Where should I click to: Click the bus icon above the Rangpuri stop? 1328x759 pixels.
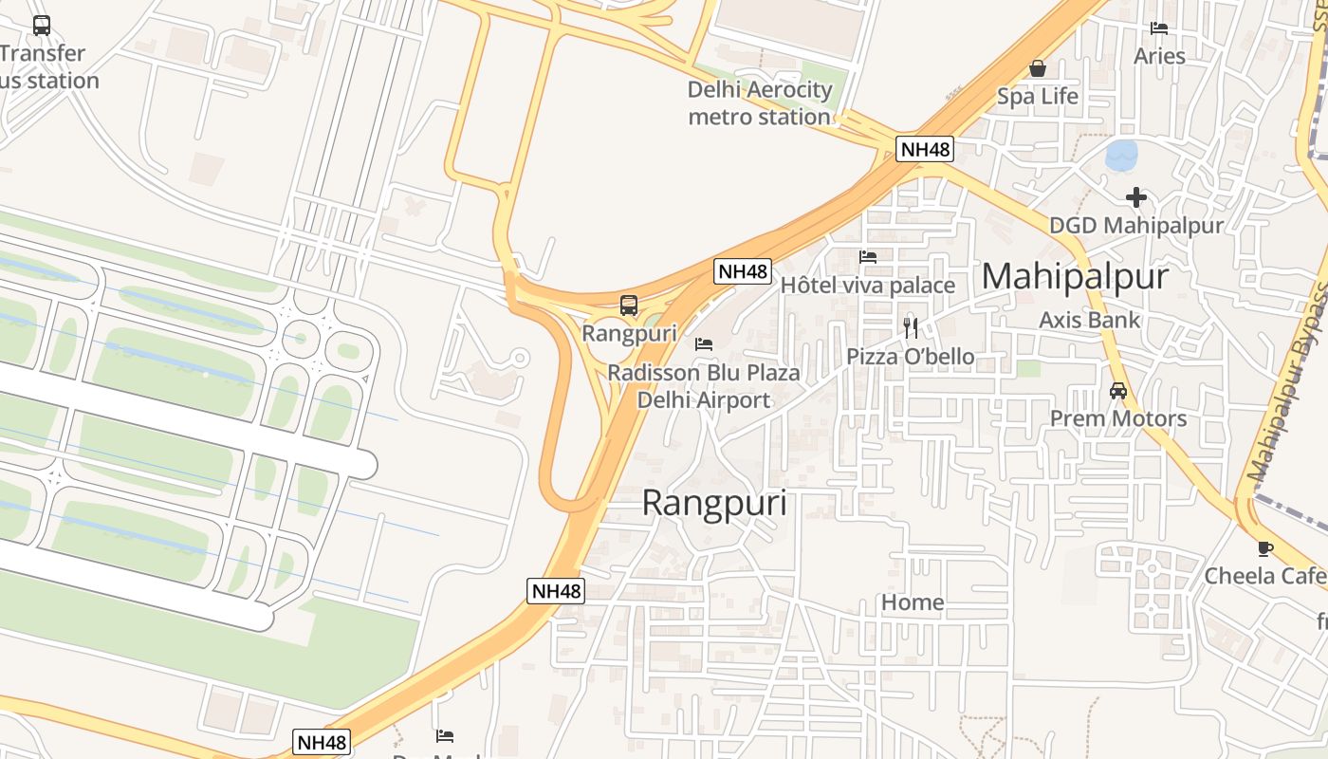point(628,305)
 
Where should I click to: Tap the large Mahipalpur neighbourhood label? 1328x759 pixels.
point(1075,276)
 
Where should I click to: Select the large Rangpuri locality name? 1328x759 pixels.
point(714,503)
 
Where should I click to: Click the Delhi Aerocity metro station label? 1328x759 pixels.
point(760,103)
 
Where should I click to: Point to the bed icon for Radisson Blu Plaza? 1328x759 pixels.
point(704,344)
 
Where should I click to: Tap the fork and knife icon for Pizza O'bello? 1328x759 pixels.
point(911,328)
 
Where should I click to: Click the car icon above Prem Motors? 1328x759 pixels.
point(1118,391)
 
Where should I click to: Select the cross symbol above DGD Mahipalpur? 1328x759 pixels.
point(1135,197)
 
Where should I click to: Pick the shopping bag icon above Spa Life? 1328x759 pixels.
point(1038,68)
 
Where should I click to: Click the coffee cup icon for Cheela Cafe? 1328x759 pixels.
point(1264,548)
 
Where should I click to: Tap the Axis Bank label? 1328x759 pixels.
point(1090,320)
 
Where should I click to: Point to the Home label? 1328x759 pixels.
point(913,602)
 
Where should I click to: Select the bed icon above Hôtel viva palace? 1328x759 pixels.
point(867,257)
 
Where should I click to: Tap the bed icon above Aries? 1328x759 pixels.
point(1159,28)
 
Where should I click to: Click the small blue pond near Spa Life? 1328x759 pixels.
point(1122,155)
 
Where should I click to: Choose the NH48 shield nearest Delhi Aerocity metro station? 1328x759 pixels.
point(925,149)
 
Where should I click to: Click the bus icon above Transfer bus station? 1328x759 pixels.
point(42,26)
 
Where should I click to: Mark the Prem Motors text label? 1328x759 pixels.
point(1117,418)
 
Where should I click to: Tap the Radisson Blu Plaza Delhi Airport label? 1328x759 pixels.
point(704,386)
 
